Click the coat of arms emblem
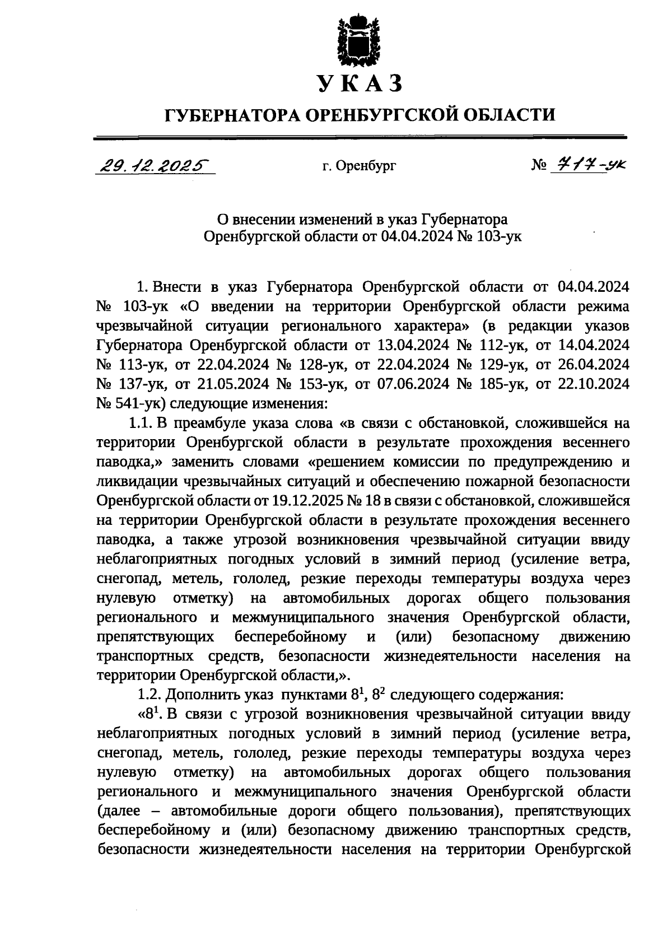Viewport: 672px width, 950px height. pos(359,42)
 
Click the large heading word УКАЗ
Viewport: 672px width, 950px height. pos(360,84)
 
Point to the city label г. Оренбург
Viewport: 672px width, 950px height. pos(359,166)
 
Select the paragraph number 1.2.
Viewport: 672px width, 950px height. pos(149,696)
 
